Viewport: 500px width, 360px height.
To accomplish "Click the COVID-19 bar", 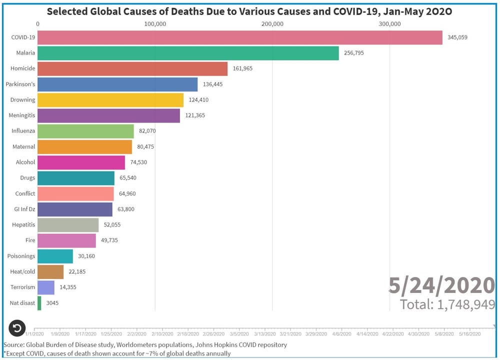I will [240, 37].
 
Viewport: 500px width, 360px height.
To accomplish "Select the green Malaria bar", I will [188, 53].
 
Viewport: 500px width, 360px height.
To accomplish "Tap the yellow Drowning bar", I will [110, 100].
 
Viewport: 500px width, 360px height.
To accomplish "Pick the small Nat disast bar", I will [39, 302].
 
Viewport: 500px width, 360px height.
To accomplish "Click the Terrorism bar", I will [46, 287].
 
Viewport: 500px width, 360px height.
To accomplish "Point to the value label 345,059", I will [457, 37].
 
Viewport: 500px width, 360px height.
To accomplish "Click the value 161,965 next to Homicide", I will [242, 68].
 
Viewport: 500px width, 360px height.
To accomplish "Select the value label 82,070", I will [149, 131].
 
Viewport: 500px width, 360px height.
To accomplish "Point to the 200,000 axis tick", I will [272, 24].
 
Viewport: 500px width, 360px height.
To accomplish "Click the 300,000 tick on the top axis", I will [389, 24].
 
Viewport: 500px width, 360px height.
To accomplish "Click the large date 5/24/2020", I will [442, 285].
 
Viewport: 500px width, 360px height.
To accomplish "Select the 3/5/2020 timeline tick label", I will [239, 334].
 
